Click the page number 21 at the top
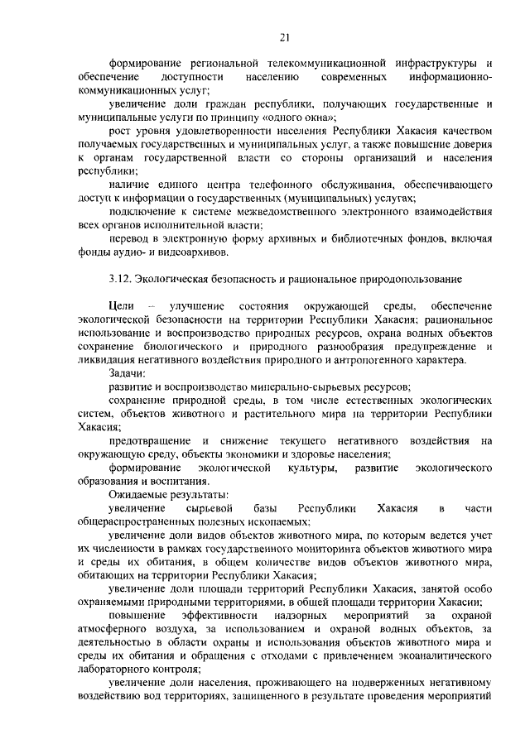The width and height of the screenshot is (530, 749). pos(284,36)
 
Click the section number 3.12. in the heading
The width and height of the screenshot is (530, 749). pos(122,280)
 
